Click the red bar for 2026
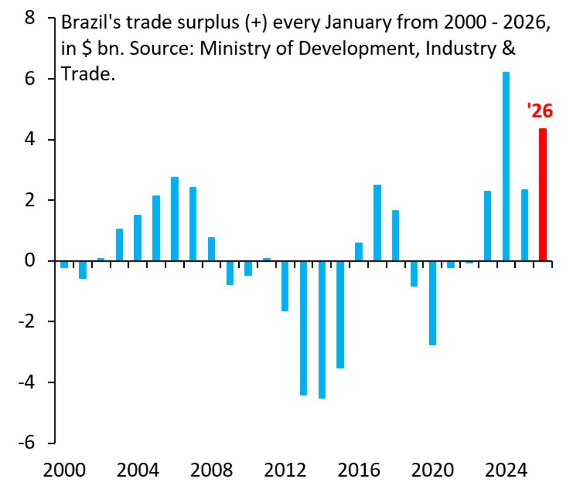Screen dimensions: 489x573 pos(543,195)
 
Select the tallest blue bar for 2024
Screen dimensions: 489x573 pos(506,166)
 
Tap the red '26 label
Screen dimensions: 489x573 pos(540,111)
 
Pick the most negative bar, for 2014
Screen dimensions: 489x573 pos(322,329)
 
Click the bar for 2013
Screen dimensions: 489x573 pos(303,328)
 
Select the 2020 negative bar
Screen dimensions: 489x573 pos(433,302)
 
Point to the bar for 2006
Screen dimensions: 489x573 pos(175,219)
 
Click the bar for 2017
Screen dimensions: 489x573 pos(377,223)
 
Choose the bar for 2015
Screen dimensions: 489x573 pos(340,314)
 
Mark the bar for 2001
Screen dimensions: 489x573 pos(83,270)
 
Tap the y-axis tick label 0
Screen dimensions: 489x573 pos(30,261)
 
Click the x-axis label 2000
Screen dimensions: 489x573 pos(64,470)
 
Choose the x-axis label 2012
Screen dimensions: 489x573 pos(285,470)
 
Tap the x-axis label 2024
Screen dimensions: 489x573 pos(506,470)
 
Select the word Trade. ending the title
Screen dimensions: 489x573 pos(88,74)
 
